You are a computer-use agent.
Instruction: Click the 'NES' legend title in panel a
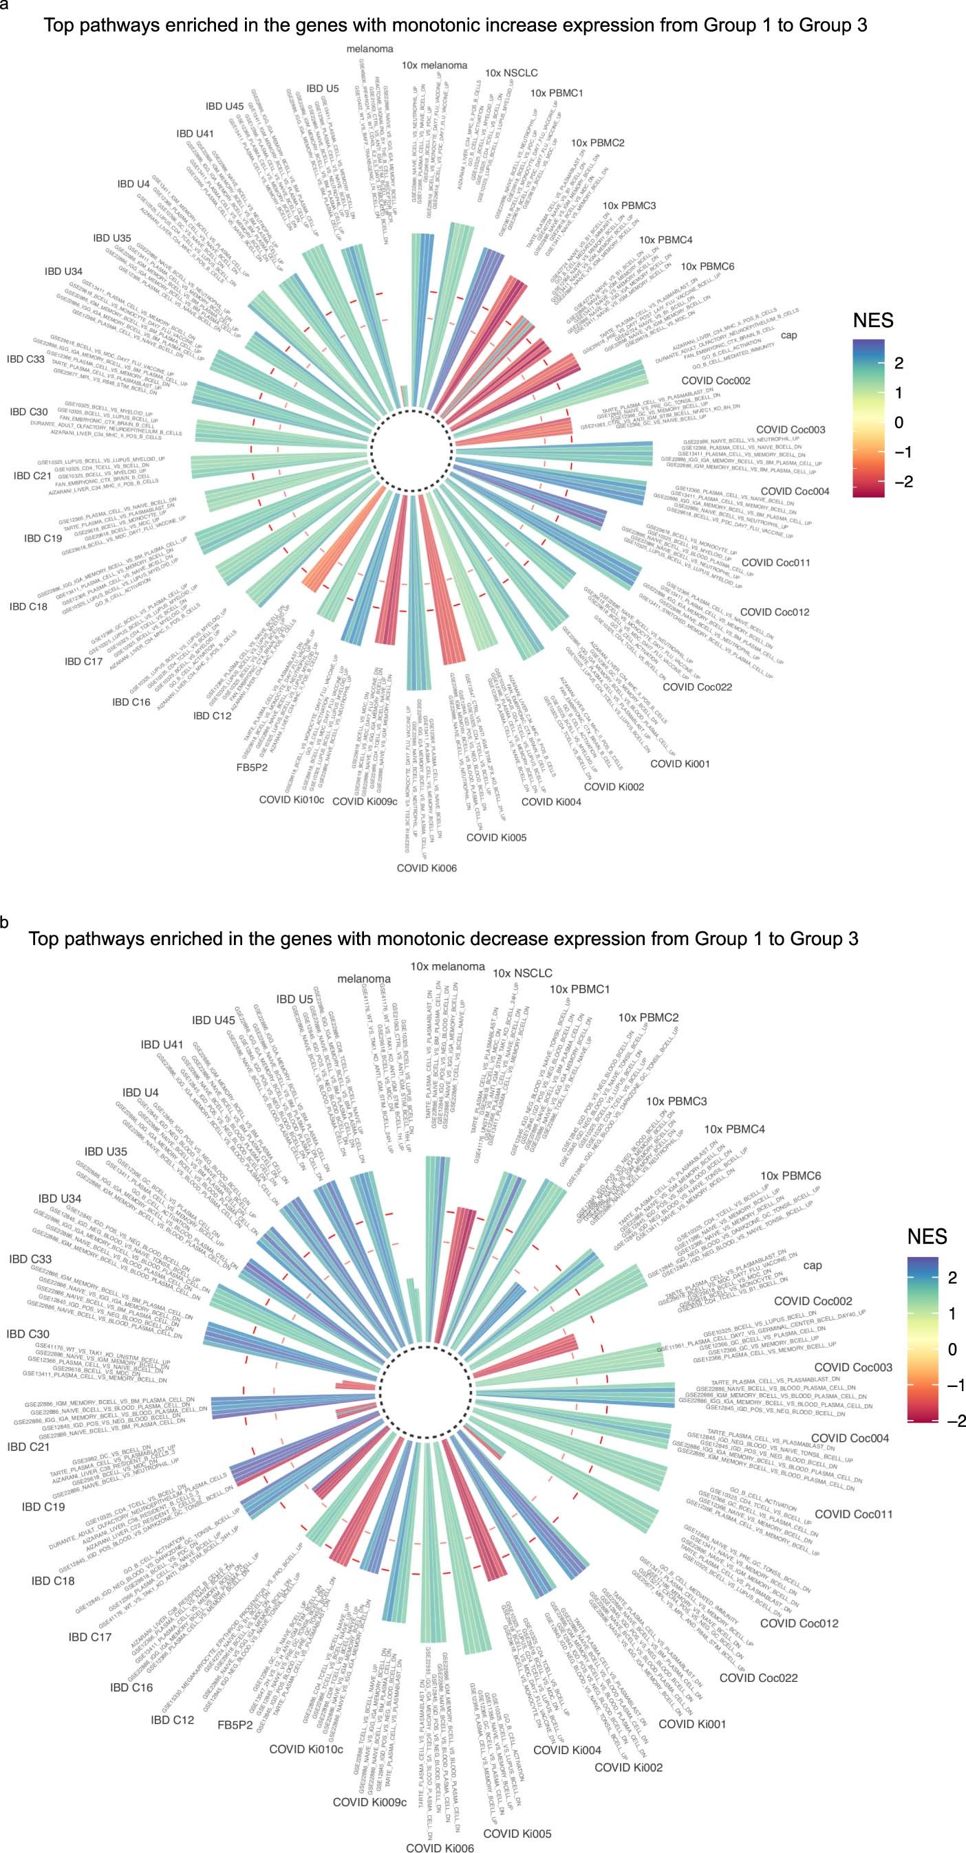[872, 320]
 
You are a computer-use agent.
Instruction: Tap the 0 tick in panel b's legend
[952, 1349]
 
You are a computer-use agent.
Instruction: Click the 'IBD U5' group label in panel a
[322, 89]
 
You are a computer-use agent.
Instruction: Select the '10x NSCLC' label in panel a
[511, 73]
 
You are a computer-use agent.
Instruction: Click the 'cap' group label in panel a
[789, 335]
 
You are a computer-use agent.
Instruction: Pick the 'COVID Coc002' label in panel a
[716, 381]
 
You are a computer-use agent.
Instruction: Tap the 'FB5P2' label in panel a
[253, 767]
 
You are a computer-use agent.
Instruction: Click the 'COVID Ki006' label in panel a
[426, 868]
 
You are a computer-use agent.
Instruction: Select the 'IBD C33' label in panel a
[25, 359]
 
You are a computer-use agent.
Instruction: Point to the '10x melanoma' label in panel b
[447, 967]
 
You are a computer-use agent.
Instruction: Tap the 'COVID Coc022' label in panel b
[758, 1678]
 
